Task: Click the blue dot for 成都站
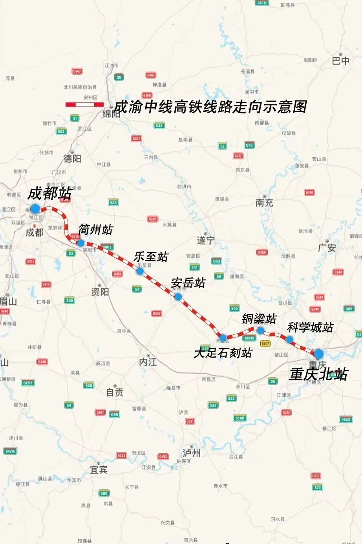coord(35,208)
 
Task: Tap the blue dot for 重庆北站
coord(318,354)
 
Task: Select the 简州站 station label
coord(95,230)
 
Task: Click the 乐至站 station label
coord(151,257)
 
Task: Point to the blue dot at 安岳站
coord(178,297)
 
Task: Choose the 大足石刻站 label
coord(223,353)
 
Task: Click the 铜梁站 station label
coord(259,319)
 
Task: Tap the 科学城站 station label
coord(310,327)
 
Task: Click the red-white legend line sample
coord(84,104)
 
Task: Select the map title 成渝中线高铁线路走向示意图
coord(210,107)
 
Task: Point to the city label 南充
coord(264,203)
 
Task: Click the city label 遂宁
coord(206,240)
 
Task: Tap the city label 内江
coord(148,362)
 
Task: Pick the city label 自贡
coord(115,392)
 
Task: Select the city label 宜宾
coord(99,469)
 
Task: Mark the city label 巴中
coord(340,61)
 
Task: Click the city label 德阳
coord(72,158)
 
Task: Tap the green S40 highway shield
coord(69,301)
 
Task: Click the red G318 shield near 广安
coord(309,192)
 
